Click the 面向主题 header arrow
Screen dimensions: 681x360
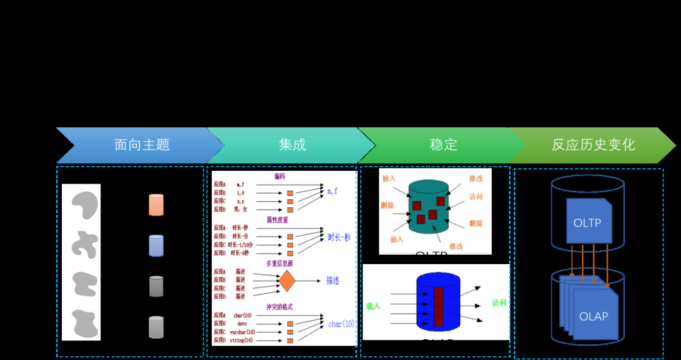coord(142,145)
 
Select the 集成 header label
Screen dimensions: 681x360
coord(292,144)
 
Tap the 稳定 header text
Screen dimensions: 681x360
coord(443,144)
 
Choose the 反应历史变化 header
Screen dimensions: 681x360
coord(593,145)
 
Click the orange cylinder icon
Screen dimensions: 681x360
coord(156,205)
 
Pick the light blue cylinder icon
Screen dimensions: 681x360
coord(156,245)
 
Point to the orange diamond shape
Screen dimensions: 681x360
coord(287,281)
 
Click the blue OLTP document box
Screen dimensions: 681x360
coord(588,221)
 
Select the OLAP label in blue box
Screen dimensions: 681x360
coord(593,316)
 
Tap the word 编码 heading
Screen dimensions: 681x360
coord(279,177)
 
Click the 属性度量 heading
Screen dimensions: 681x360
coord(277,220)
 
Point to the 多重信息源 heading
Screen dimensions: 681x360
coord(279,264)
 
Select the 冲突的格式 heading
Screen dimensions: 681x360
coord(279,307)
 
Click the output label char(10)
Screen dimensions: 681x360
coord(341,324)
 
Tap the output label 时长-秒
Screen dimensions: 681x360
coord(339,238)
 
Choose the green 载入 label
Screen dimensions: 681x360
coord(373,306)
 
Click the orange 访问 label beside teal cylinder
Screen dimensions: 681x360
coord(476,197)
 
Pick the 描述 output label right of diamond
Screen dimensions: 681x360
coord(332,281)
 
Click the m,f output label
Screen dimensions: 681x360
coord(332,190)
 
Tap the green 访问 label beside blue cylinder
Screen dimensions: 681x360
coord(499,303)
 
